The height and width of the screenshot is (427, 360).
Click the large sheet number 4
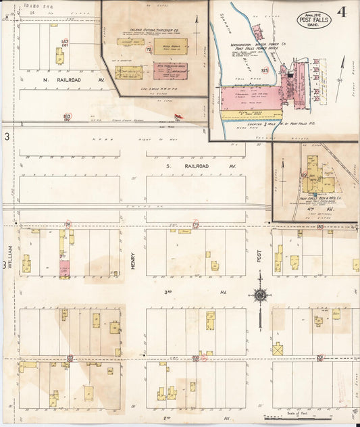tap(343, 12)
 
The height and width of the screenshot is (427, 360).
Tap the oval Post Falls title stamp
tap(314, 20)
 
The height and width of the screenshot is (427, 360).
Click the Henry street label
tap(133, 256)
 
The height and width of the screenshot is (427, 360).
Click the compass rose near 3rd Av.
tap(259, 294)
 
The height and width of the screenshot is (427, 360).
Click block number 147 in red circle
tap(65, 42)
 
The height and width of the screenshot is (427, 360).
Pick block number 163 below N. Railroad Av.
tap(66, 117)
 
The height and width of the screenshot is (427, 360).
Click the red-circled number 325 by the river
tap(265, 70)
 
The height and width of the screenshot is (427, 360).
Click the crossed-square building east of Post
tap(278, 349)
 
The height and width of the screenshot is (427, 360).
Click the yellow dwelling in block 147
tap(60, 59)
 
